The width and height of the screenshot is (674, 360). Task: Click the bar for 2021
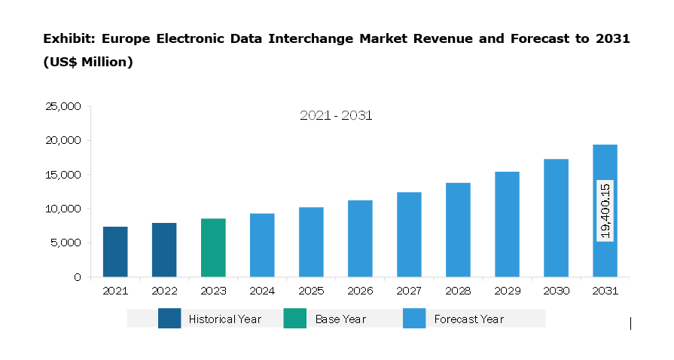coord(115,252)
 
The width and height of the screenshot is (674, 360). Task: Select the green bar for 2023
coord(213,248)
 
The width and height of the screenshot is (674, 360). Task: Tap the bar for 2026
coord(360,239)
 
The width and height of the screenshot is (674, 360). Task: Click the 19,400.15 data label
coord(605,211)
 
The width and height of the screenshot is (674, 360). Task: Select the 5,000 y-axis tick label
coord(67,243)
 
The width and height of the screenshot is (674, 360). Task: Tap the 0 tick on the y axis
coord(78,277)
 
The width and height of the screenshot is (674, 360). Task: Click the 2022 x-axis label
coord(164,290)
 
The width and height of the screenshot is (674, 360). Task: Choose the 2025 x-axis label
coord(311,290)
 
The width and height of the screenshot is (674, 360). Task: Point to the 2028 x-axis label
coord(458,290)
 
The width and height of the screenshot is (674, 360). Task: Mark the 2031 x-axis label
coord(605,290)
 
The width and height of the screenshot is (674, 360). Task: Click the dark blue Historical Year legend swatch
coord(169,319)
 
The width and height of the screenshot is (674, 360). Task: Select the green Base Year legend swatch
coord(295,319)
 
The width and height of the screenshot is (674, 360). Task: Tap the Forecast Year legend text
coord(468,319)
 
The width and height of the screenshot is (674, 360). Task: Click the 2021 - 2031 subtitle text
coord(336,116)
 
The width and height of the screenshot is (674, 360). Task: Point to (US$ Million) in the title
coord(88,63)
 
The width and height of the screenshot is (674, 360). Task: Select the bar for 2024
coord(262,245)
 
